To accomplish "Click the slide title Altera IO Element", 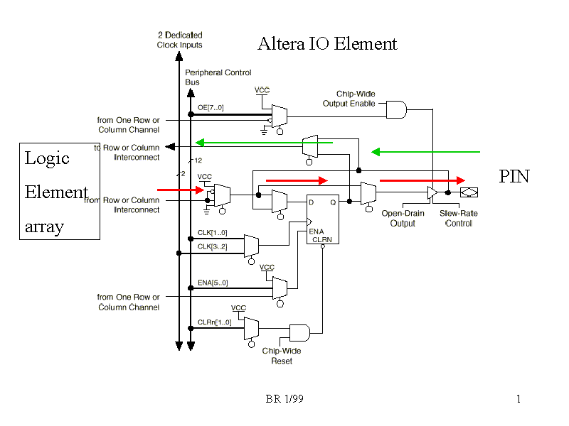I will click(327, 44).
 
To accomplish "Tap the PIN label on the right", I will click(514, 177).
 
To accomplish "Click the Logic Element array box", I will click(58, 191).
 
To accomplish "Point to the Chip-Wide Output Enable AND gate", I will click(396, 109).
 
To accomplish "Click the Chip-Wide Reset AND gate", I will click(299, 333).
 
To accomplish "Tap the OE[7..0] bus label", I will click(211, 108).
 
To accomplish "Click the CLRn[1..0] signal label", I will click(214, 322).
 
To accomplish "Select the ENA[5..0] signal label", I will click(212, 283).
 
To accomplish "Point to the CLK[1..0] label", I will click(212, 233).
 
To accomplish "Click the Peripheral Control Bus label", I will click(218, 77).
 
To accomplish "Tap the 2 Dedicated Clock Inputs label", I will click(179, 40).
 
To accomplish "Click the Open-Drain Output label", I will click(403, 218).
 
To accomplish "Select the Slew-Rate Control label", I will click(458, 218).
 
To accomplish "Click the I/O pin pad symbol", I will click(469, 192).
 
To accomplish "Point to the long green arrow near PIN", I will click(425, 151).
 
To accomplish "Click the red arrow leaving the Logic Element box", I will click(181, 190).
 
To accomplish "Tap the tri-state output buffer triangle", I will click(432, 192).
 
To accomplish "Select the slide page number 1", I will click(519, 399).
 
